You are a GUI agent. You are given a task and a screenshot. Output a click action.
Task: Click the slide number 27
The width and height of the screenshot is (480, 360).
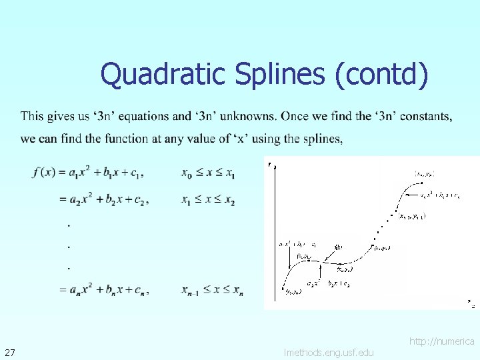11,351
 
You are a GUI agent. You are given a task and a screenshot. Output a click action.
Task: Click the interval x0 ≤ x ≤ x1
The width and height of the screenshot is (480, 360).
208,173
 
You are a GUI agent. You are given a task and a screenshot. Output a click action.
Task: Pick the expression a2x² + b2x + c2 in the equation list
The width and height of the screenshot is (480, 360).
106,199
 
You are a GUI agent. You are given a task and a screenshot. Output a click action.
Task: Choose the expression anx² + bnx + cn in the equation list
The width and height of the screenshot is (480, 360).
106,289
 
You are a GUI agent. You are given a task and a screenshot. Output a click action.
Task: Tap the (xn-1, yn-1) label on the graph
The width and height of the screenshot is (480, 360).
412,216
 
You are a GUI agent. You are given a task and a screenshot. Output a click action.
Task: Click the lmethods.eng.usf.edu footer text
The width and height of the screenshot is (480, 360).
329,352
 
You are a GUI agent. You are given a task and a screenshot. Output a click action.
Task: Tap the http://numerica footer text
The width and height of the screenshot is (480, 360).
441,341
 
